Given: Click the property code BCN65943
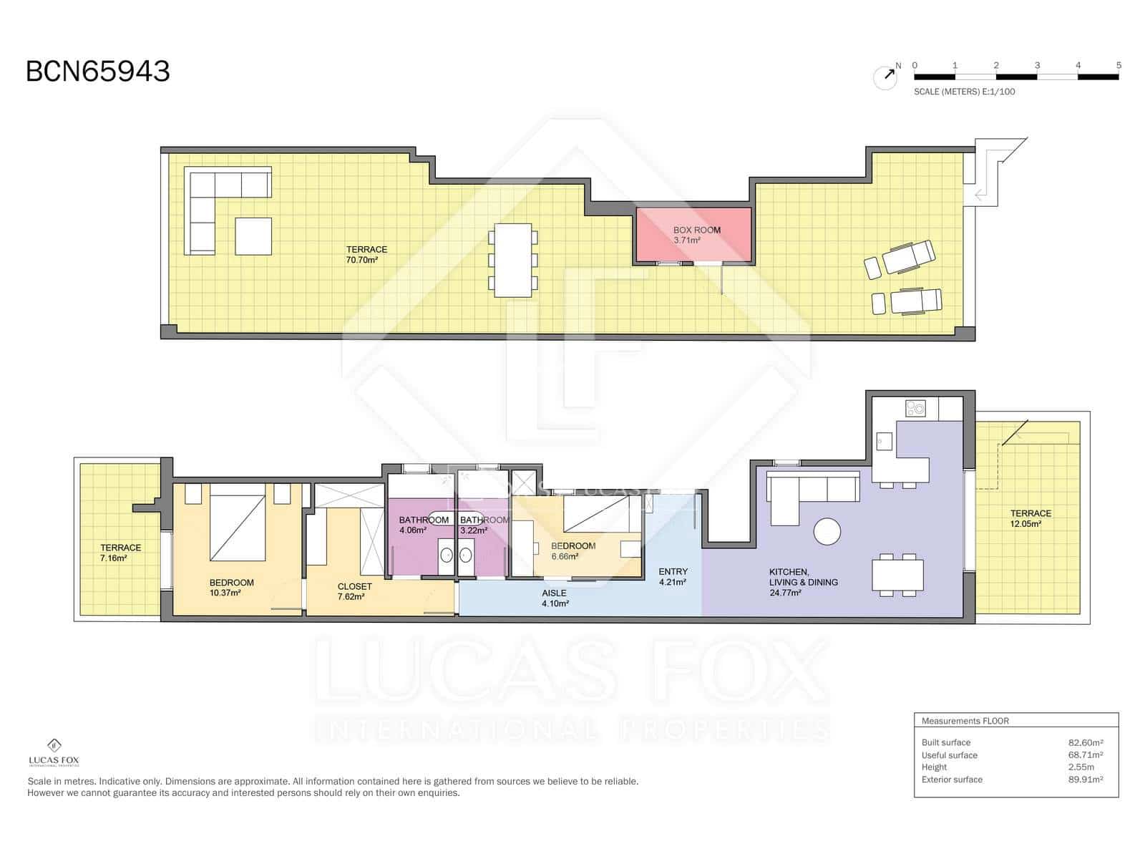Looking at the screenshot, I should (98, 72).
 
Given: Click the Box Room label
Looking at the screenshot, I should (696, 230).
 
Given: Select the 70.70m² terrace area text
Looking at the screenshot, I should (361, 261).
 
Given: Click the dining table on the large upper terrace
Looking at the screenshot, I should (513, 261).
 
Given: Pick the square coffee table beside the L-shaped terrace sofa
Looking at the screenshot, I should (253, 236).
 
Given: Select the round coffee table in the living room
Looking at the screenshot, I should (827, 531).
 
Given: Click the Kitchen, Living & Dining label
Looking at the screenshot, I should (803, 577).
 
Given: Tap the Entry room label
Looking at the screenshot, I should (673, 572).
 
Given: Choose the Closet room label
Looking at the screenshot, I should (354, 586).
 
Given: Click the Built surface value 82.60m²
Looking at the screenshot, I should (1085, 743).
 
